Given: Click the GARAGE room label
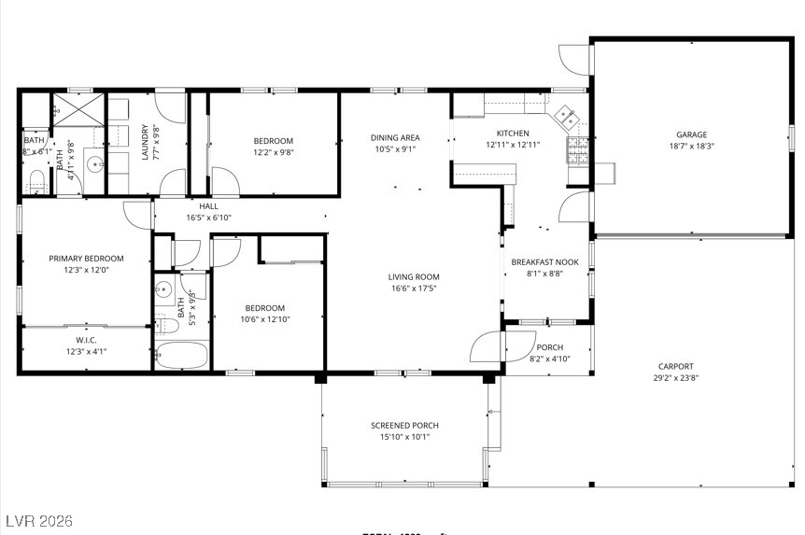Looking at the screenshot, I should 691,134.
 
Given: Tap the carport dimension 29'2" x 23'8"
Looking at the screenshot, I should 674,378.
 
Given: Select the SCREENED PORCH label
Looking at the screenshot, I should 403,426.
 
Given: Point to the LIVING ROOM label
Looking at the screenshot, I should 414,277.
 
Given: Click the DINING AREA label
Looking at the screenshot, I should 395,137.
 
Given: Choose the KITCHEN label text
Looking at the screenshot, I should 513,134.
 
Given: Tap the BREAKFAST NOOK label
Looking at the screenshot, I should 544,262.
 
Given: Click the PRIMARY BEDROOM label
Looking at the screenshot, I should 86,259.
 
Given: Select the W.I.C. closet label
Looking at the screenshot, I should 86,340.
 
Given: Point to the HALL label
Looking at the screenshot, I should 208,205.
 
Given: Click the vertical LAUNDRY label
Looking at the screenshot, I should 145,143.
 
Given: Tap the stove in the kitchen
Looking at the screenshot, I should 578,147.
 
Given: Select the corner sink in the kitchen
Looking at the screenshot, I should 566,117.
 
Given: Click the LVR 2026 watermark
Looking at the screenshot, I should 38,520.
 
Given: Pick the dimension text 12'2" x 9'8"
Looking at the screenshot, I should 273,152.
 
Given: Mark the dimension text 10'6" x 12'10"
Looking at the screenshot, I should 264,319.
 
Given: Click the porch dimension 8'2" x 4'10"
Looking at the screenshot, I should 549,359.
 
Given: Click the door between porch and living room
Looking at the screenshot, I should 487,347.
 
